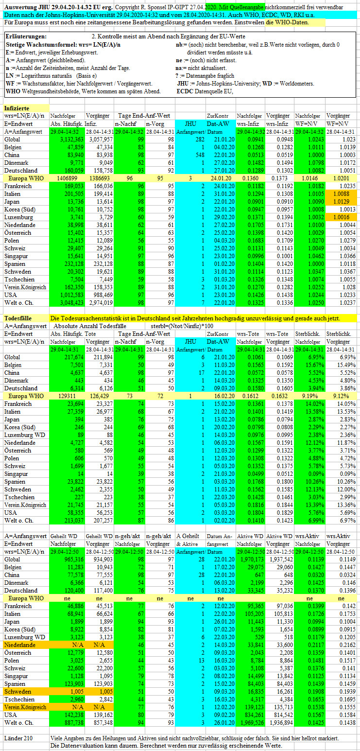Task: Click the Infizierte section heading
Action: click(17, 108)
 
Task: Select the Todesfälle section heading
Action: click(18, 318)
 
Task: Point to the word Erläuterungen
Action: click(26, 36)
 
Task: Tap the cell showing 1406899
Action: click(67, 178)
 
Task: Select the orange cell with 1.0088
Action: click(341, 194)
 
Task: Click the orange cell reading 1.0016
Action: click(341, 217)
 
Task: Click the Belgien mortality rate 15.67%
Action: click(316, 365)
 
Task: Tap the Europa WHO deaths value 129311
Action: click(67, 396)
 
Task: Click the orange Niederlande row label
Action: click(20, 645)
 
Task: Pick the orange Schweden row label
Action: click(18, 692)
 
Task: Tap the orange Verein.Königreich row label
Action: click(25, 707)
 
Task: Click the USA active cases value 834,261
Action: click(254, 715)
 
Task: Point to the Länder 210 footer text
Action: click(18, 738)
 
